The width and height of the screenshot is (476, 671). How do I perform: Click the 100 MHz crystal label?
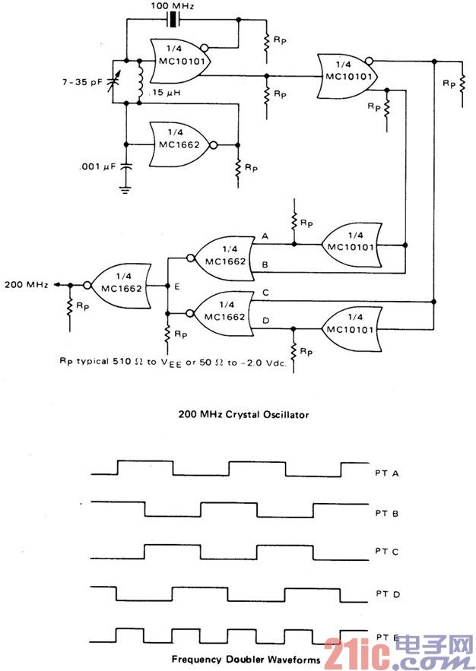173,6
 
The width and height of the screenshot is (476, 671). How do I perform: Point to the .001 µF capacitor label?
95,167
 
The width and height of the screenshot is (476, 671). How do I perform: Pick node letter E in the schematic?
177,287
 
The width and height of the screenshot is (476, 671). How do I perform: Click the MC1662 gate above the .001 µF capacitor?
182,144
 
